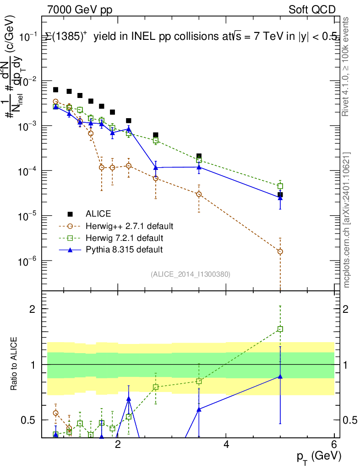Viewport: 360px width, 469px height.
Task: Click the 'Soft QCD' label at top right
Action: [x=312, y=10]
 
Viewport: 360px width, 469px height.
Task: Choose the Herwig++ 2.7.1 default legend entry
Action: [x=129, y=226]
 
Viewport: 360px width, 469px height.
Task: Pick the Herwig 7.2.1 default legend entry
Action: [x=124, y=238]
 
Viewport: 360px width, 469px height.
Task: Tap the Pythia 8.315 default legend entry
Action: [x=124, y=250]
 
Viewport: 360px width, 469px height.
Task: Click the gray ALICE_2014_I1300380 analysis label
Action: [x=190, y=274]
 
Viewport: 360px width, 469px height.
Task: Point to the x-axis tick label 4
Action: [x=226, y=445]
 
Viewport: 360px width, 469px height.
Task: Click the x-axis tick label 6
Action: [x=334, y=445]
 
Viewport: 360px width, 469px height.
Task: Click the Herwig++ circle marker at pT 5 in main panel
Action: [x=280, y=251]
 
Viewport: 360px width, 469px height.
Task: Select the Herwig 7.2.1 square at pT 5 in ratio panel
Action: [x=280, y=329]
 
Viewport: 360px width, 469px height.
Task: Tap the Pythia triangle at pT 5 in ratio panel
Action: [x=280, y=376]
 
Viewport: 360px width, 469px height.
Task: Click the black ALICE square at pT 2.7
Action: [x=156, y=135]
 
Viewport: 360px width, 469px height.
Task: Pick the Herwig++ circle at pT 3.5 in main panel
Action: [x=199, y=194]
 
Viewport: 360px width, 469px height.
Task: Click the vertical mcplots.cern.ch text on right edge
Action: [x=346, y=220]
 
